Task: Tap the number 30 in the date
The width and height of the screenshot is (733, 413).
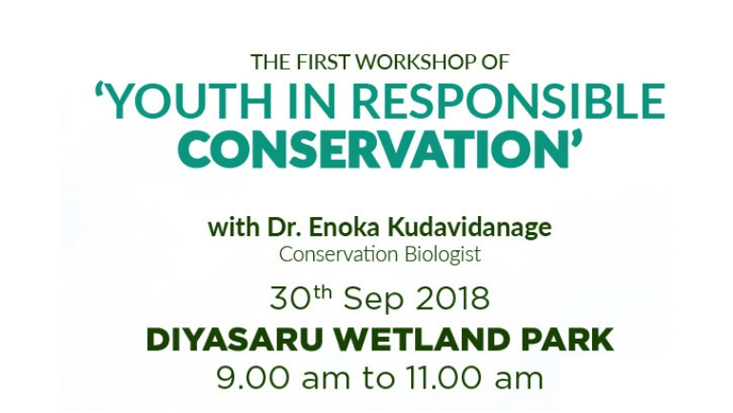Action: coord(290,300)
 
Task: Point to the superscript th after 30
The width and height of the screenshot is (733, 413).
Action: coord(323,293)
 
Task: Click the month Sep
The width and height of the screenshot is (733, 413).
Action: coord(373,301)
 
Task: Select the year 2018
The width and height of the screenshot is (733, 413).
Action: coord(452,300)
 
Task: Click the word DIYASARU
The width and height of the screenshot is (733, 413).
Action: coord(235,340)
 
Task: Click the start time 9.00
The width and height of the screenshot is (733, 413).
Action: coord(252,378)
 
